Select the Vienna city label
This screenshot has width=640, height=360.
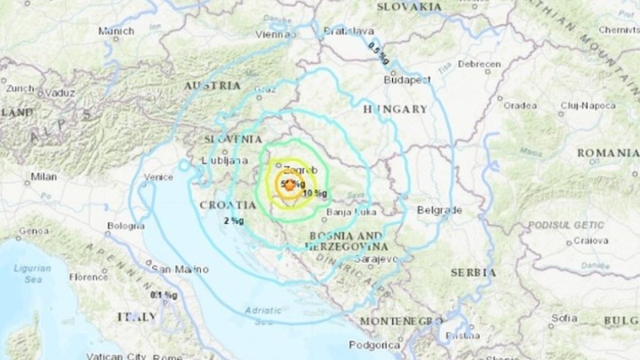pos(276,34)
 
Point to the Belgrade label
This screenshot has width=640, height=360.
pos(439,211)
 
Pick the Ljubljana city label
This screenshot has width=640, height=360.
pos(225,161)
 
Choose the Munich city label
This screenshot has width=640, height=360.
pos(116,30)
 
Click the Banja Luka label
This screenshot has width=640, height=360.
pos(352,212)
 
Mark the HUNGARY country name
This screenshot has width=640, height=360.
pos(395,108)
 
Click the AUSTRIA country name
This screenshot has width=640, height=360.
pos(212,86)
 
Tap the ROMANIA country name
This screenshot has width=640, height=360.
pos(607,153)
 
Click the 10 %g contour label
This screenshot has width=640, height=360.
pos(314,193)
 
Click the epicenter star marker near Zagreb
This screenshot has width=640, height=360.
pos(288,185)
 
